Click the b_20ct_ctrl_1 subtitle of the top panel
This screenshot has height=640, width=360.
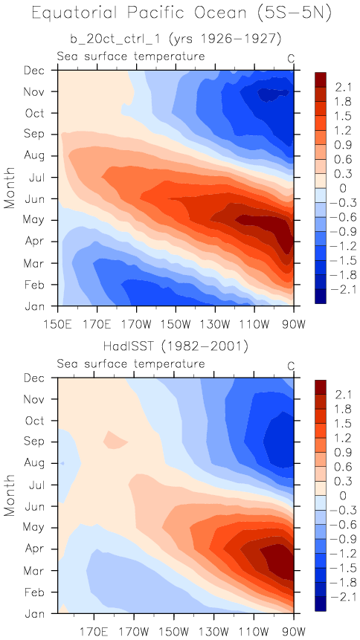[x=176, y=39]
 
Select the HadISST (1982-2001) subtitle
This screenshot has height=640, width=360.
[x=176, y=346]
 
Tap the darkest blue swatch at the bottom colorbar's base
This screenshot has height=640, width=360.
[x=321, y=604]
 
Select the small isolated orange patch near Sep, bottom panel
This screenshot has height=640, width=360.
[x=115, y=439]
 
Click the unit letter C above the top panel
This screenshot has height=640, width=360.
[x=291, y=59]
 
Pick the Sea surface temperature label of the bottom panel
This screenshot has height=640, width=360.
[x=131, y=364]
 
